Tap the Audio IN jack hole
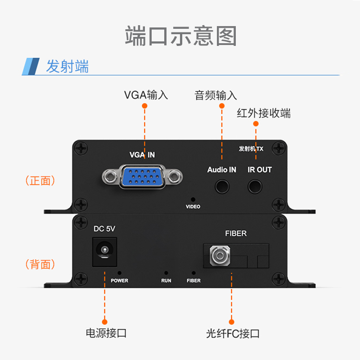[221, 185]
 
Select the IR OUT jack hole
[256, 185]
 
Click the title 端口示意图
[180, 36]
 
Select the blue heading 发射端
[67, 67]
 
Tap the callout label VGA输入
[146, 95]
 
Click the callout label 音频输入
[216, 95]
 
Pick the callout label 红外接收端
[264, 113]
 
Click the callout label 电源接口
[106, 333]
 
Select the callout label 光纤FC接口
[233, 333]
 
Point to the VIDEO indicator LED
[193, 199]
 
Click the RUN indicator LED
[166, 273]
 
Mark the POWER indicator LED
[119, 273]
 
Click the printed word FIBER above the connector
[236, 234]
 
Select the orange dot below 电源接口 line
[104, 321]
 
